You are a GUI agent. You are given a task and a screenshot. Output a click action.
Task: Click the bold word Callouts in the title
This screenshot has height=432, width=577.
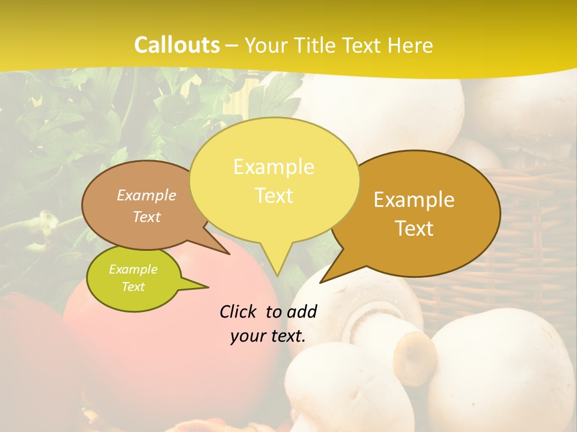[x=177, y=45]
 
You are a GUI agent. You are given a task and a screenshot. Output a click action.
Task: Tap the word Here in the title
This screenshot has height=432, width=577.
[x=410, y=46]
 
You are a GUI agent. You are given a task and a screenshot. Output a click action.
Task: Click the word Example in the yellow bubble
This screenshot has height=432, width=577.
[x=273, y=167]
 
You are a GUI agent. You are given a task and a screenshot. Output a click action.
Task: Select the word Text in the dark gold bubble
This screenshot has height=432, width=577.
[x=414, y=229]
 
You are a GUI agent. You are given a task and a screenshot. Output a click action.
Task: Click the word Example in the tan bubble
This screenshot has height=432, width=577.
[x=146, y=196]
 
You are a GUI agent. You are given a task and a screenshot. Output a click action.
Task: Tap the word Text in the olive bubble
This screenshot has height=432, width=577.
[x=133, y=287]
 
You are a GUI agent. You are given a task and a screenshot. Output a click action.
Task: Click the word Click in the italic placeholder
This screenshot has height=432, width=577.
[x=239, y=311]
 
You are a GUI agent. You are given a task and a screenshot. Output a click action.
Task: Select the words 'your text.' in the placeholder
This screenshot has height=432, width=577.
[x=268, y=336]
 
